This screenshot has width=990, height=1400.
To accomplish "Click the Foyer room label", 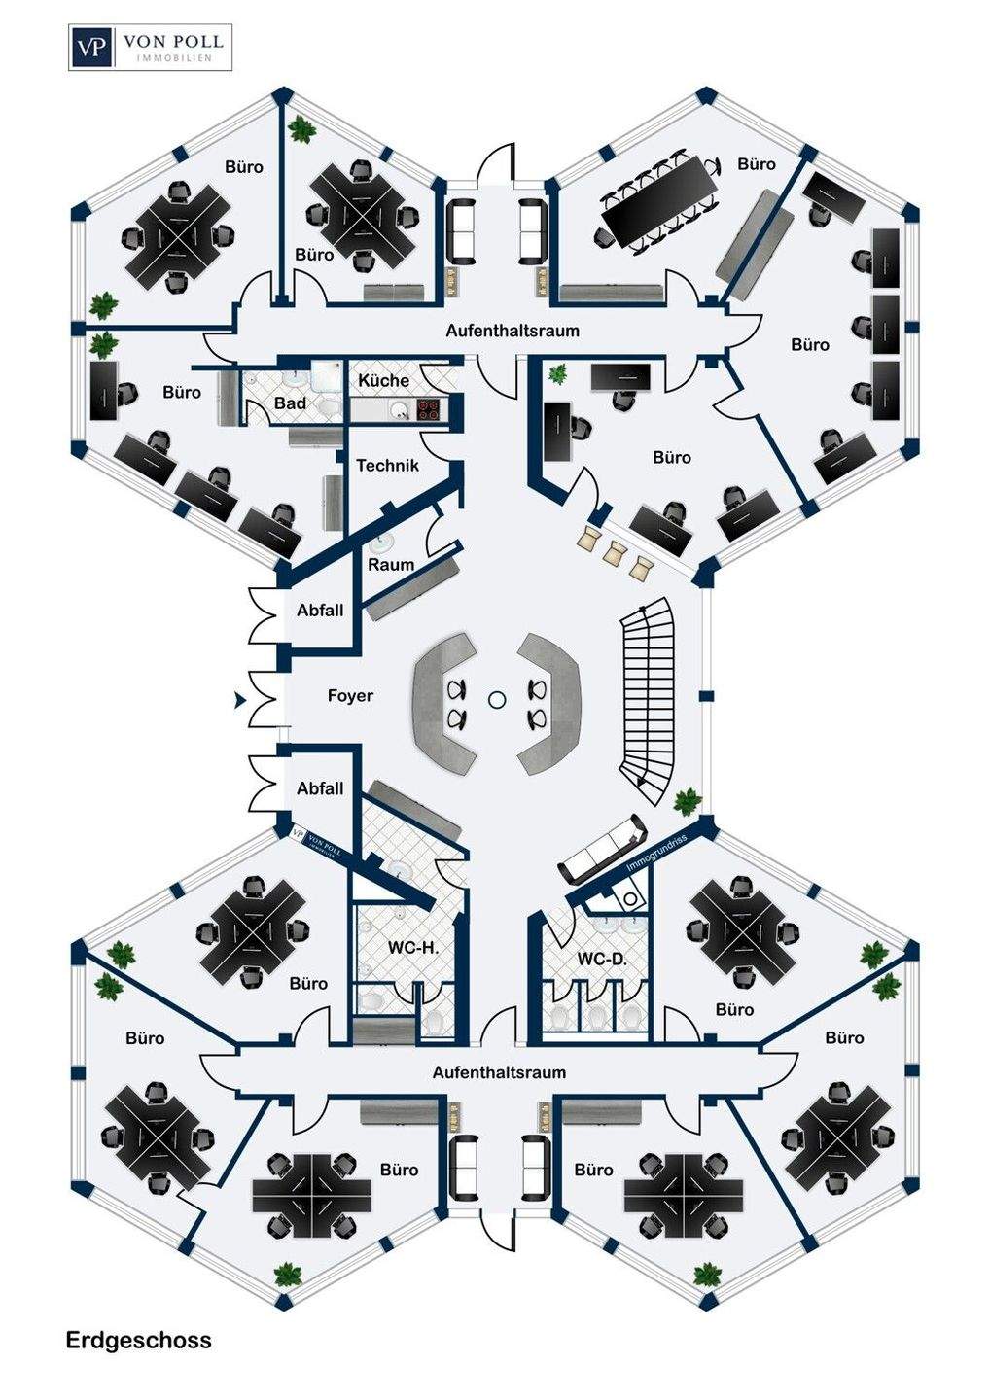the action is tap(350, 696).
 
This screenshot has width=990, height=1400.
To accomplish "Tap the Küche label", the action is tap(384, 380).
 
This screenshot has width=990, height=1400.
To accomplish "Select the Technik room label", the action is tap(387, 465).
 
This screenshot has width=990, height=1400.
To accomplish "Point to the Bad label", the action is tap(290, 403).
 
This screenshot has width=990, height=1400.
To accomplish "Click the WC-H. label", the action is tap(413, 948).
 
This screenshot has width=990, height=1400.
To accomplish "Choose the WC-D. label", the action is tap(601, 959).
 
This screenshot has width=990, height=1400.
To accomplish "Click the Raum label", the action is tap(391, 565).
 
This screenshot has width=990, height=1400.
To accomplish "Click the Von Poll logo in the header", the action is tap(150, 47).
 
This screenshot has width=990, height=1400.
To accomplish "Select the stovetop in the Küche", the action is tap(429, 409).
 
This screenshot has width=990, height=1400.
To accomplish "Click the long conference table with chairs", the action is tap(658, 201).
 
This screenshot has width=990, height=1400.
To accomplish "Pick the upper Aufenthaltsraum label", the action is tap(513, 330).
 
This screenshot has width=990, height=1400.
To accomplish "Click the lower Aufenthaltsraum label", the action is tap(499, 1072).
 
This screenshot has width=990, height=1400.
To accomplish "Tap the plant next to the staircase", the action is tap(688, 802).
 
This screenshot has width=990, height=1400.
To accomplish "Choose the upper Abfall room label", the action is tap(320, 610).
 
